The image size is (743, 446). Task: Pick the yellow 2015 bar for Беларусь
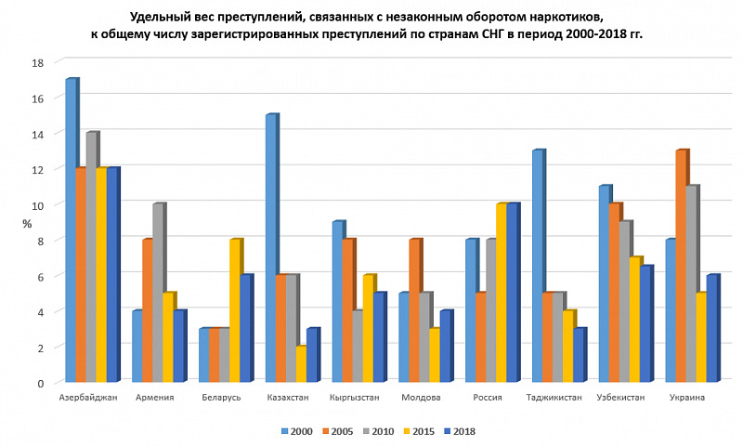pyautogui.click(x=235, y=310)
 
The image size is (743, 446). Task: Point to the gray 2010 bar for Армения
pyautogui.click(x=158, y=293)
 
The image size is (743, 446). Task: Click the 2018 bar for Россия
pyautogui.click(x=513, y=293)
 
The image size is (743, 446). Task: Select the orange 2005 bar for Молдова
pyautogui.click(x=414, y=310)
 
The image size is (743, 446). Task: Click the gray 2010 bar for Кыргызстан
pyautogui.click(x=358, y=346)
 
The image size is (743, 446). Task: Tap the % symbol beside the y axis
pyautogui.click(x=28, y=223)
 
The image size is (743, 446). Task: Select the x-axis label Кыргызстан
pyautogui.click(x=354, y=398)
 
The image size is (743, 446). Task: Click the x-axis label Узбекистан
pyautogui.click(x=622, y=398)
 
